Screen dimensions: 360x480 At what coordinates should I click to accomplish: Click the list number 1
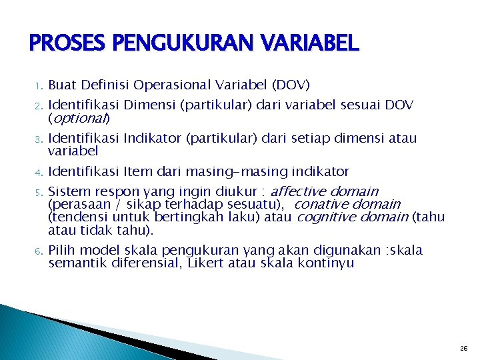39,86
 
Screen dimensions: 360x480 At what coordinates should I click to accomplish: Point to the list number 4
39,172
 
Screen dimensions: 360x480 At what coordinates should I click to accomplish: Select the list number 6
39,251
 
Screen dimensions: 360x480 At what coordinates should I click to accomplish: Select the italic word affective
299,191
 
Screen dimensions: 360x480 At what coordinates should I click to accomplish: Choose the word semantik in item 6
75,263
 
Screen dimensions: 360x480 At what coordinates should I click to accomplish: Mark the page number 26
463,349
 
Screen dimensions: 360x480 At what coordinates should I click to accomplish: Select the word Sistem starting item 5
68,191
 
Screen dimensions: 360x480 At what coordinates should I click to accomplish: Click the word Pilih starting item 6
63,251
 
